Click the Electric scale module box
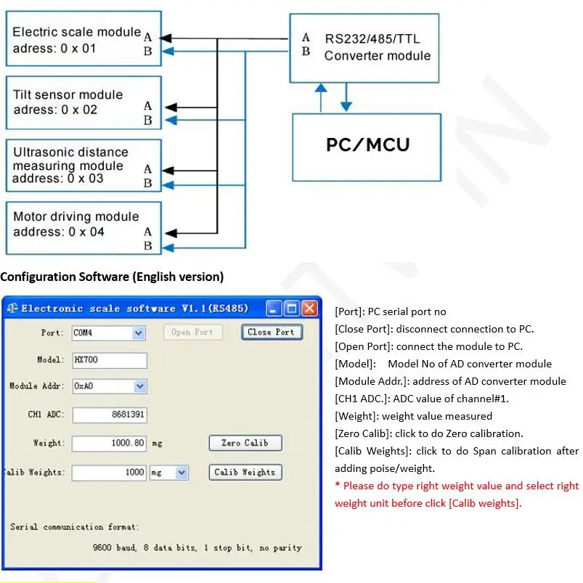[83, 41]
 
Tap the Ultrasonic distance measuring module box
[83, 166]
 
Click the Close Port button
[272, 332]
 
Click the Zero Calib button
[245, 443]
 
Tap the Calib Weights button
[245, 472]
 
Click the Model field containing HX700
[109, 360]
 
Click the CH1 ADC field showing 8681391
[109, 415]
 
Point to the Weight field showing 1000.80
[109, 443]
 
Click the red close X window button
[309, 309]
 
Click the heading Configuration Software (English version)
[112, 277]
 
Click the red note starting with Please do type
[457, 494]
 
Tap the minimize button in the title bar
[274, 309]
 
